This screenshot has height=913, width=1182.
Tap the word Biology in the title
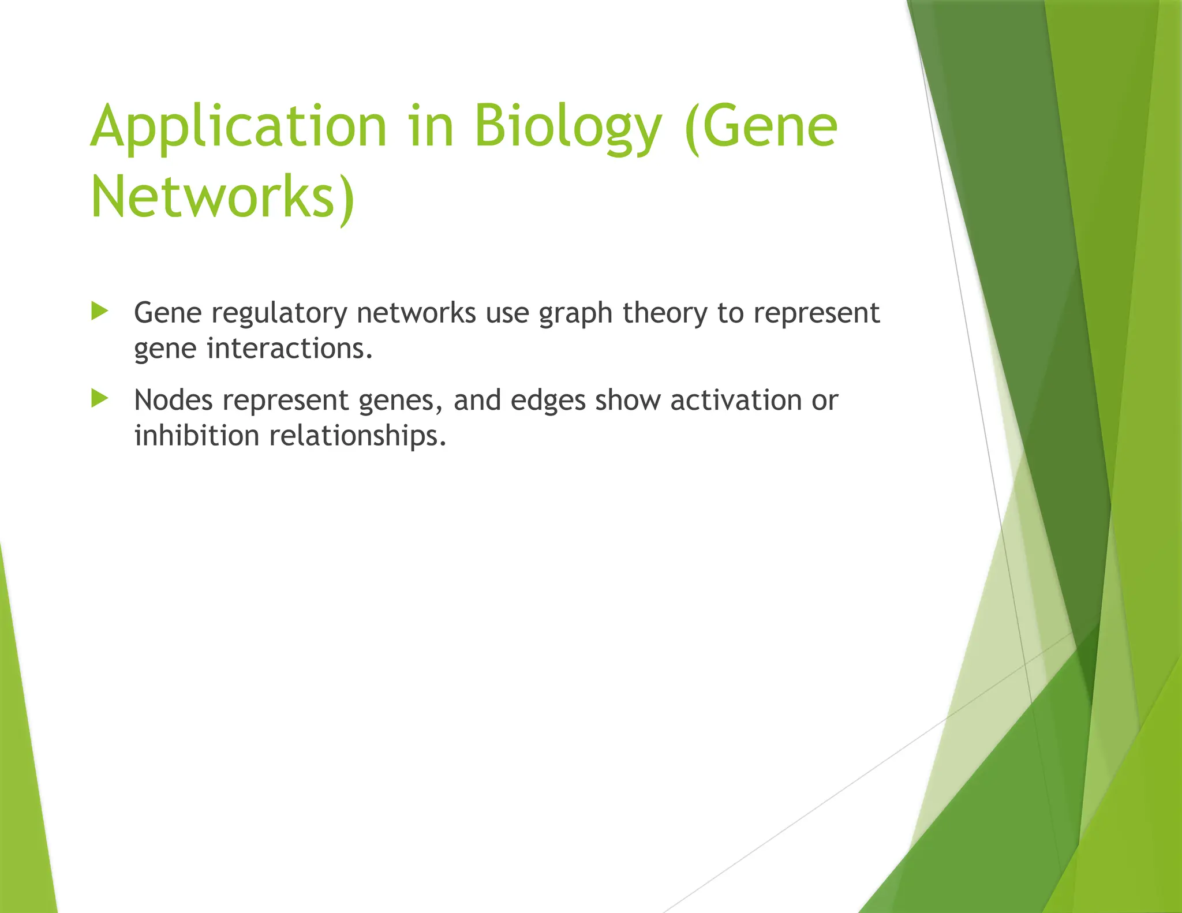(x=568, y=127)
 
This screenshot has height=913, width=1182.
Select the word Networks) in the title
(x=223, y=197)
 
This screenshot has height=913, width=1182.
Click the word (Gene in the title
(x=761, y=127)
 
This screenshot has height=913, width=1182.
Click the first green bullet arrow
(x=100, y=312)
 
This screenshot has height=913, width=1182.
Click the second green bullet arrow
(x=100, y=399)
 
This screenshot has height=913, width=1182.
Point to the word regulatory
(x=279, y=314)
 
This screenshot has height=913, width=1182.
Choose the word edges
(x=548, y=401)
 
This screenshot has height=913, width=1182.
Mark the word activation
(x=736, y=400)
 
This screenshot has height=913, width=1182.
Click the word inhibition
(x=197, y=435)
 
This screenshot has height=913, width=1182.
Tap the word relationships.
(x=358, y=435)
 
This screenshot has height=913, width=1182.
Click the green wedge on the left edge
(x=23, y=779)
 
